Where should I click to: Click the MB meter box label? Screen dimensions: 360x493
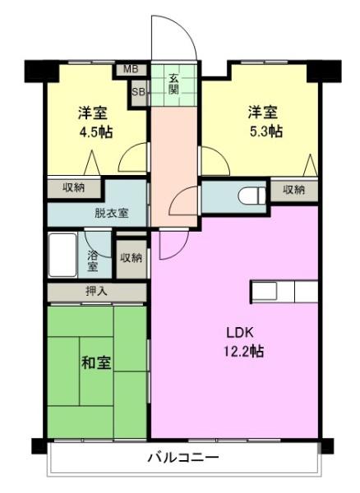(x=131, y=69)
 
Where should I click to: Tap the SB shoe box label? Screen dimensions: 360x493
(x=138, y=92)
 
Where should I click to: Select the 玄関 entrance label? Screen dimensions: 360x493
(x=173, y=84)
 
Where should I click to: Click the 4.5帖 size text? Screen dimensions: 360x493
(x=96, y=132)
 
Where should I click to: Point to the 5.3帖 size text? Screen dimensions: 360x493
(x=266, y=131)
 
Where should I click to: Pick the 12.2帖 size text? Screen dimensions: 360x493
(x=243, y=351)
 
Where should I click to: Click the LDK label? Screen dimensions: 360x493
(x=240, y=333)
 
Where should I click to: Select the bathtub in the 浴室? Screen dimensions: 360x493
(x=62, y=255)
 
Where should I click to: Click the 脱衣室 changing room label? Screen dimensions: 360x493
(x=112, y=213)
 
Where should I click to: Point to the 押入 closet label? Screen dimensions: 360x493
(x=97, y=292)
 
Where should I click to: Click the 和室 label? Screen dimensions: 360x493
(x=96, y=363)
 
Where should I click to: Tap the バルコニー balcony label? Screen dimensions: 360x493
(x=183, y=457)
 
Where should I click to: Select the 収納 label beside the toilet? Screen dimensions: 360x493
(x=293, y=190)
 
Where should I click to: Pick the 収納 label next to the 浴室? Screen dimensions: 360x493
(x=132, y=258)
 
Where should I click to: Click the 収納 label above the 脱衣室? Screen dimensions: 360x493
(x=74, y=187)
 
